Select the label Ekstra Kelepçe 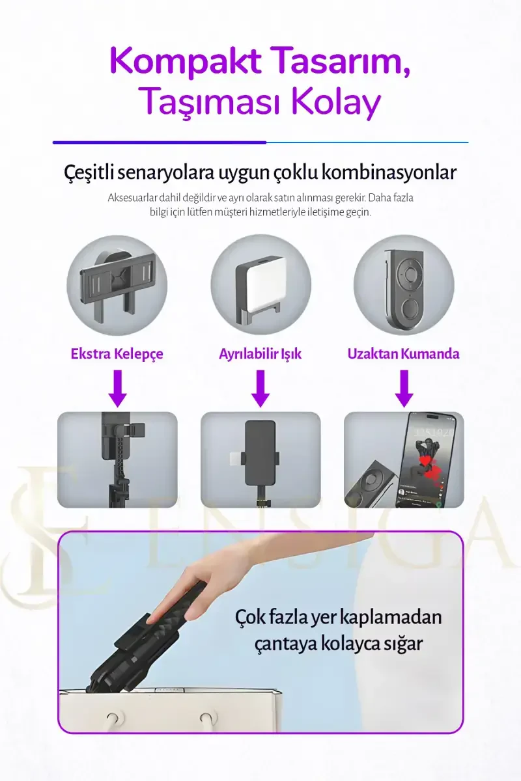click(x=117, y=354)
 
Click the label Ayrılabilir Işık click(x=260, y=354)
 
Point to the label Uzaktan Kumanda click(x=403, y=354)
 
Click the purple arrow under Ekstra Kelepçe click(x=118, y=389)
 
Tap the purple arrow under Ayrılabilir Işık click(x=260, y=389)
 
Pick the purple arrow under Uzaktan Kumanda click(x=404, y=389)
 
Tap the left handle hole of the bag click(x=113, y=719)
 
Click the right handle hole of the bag click(x=206, y=719)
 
